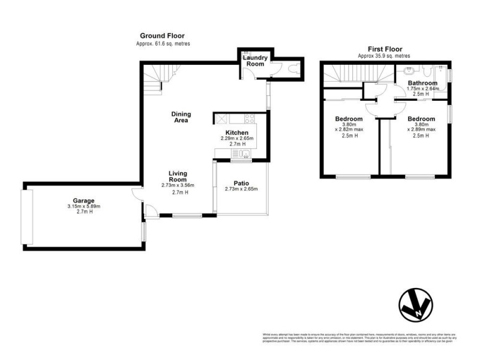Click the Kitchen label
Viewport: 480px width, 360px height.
pyautogui.click(x=236, y=132)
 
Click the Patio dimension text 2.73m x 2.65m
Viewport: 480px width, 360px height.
pyautogui.click(x=241, y=190)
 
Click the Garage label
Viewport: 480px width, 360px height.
pyautogui.click(x=84, y=200)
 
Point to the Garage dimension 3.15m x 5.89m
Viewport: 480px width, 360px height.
pyautogui.click(x=84, y=207)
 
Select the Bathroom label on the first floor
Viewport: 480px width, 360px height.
pyautogui.click(x=422, y=83)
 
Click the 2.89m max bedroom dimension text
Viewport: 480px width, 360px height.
pyautogui.click(x=422, y=128)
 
